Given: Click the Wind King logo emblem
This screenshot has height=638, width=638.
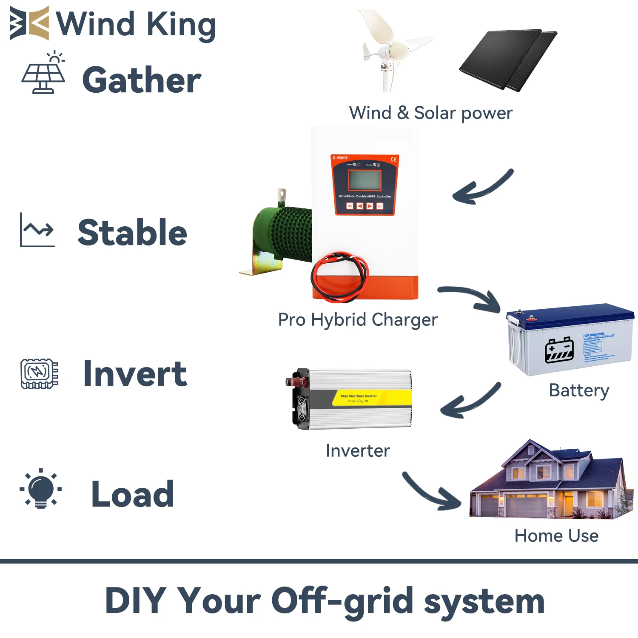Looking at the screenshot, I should point(29,23).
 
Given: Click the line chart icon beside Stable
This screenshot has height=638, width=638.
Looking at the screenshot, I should point(37,230).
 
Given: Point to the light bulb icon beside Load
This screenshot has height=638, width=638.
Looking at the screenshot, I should point(41,489).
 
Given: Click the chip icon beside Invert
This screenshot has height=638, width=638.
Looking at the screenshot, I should point(39,373).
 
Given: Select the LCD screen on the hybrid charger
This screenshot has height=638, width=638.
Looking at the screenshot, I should point(365,179).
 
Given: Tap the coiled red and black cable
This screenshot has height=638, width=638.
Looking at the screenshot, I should point(339,276).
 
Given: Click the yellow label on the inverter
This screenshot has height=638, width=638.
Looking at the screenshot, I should point(371,398).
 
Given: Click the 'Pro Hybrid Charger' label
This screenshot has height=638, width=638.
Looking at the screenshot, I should point(357,320).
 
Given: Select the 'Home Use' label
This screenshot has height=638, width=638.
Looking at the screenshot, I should point(556,535).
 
